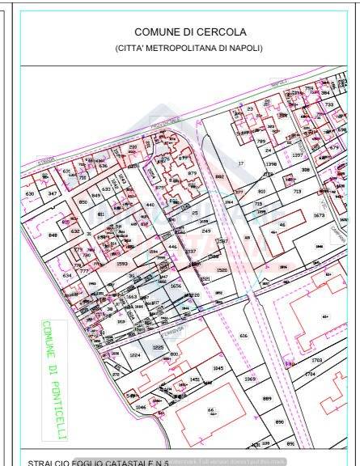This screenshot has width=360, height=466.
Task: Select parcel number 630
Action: [x=30, y=194]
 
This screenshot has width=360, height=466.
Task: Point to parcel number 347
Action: [x=53, y=194]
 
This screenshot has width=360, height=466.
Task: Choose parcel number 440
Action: [x=150, y=205]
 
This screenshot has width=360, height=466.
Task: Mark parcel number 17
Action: [x=240, y=163]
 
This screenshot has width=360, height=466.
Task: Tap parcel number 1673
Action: [x=319, y=216]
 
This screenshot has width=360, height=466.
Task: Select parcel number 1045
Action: [x=218, y=368]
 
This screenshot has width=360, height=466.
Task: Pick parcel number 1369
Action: [x=250, y=379]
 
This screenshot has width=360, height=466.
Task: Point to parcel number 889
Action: [x=267, y=398]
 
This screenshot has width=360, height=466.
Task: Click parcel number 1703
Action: [x=316, y=360]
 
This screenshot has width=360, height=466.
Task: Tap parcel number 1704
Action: [x=310, y=374]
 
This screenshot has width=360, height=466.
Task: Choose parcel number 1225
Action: [x=159, y=347]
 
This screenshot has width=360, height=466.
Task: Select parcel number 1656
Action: [x=176, y=286]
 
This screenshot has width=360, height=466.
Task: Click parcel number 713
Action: [x=297, y=191]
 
